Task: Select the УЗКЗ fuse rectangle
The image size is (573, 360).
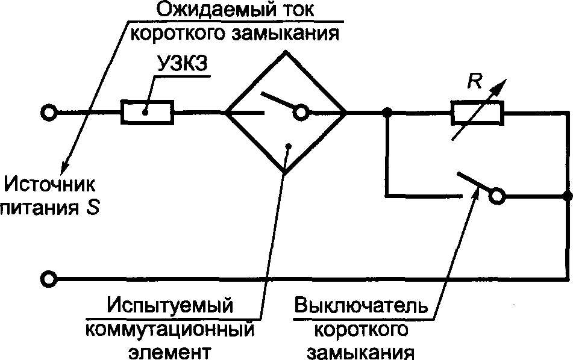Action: (148, 112)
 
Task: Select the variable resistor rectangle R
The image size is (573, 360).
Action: (477, 112)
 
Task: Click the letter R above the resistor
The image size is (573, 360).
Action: (476, 83)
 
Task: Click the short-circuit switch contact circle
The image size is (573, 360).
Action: (496, 196)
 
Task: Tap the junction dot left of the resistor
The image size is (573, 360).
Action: (387, 112)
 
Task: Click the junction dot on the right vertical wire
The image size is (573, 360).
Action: (567, 196)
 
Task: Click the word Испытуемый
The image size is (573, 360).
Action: (170, 305)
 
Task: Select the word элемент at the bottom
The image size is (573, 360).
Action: (170, 352)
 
